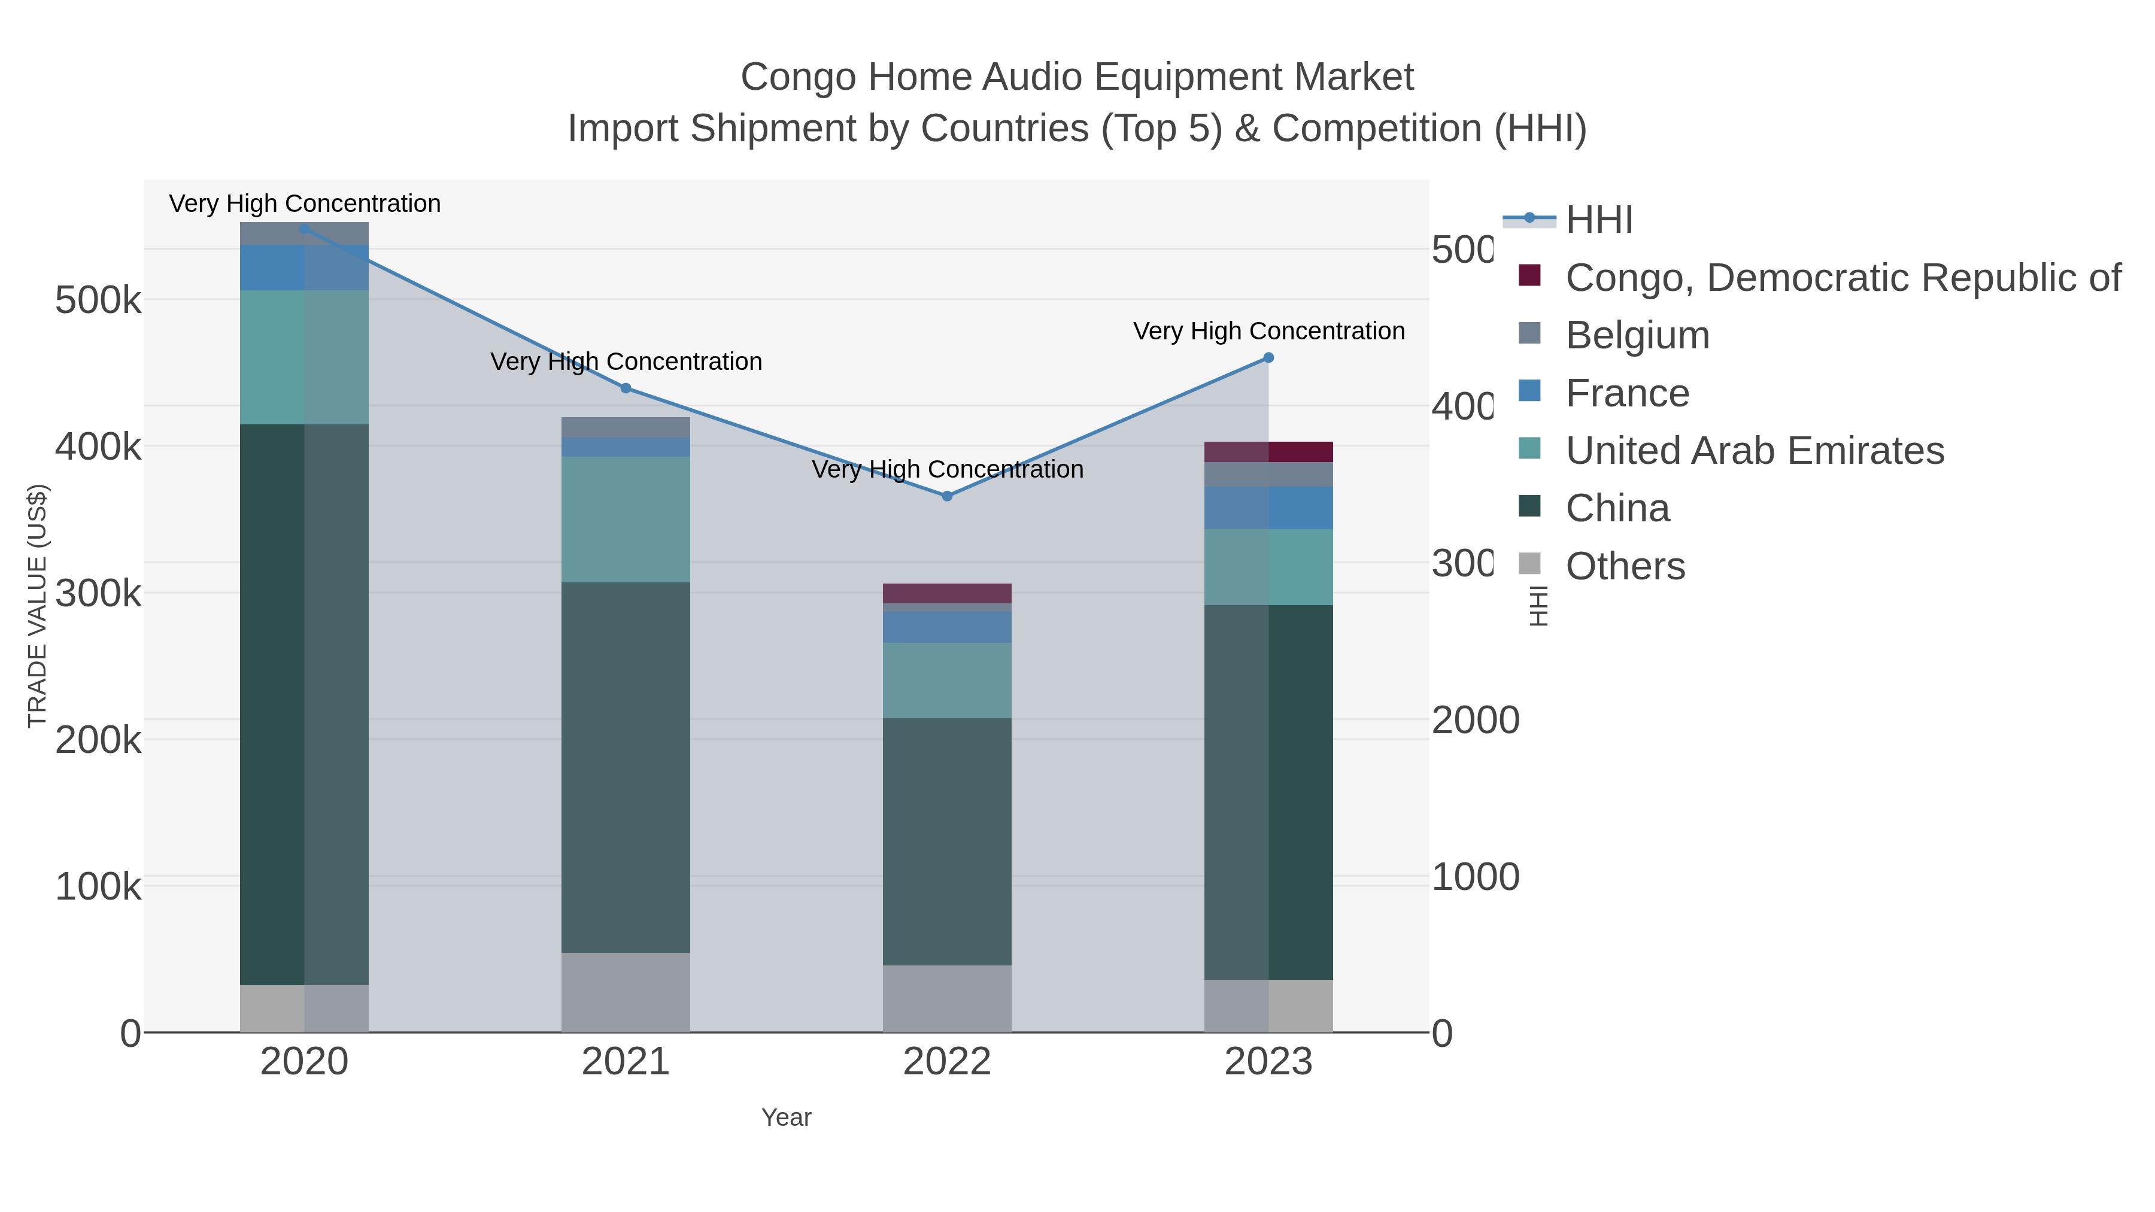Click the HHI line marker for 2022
947,496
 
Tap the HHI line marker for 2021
626,388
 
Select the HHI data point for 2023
1268,358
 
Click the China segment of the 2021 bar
626,767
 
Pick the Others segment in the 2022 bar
947,999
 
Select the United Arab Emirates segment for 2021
626,520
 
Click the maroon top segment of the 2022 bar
947,593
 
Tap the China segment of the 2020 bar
305,704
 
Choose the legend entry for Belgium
1637,335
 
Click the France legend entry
1627,393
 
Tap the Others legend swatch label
1625,566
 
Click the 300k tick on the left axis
98,594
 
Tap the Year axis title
787,1117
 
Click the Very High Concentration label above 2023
1268,331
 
